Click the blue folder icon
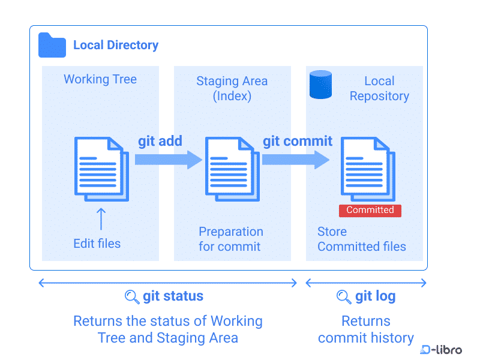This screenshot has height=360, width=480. click(52, 45)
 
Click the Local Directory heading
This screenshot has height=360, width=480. click(116, 45)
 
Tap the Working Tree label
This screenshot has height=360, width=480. click(100, 79)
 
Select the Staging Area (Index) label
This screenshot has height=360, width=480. click(232, 88)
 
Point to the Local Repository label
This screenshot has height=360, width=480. click(379, 88)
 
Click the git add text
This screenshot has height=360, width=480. click(160, 141)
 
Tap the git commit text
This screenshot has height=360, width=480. click(298, 141)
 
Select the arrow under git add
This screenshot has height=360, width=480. click(169, 160)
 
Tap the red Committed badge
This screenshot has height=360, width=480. click(370, 210)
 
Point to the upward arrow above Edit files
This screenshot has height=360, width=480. click(101, 219)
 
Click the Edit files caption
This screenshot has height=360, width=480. click(97, 243)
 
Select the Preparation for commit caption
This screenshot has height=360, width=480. click(231, 239)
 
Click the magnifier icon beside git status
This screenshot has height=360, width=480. click(132, 296)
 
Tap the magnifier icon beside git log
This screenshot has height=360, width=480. click(344, 296)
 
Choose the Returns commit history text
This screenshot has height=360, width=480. click(366, 329)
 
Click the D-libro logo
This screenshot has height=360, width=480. click(441, 350)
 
